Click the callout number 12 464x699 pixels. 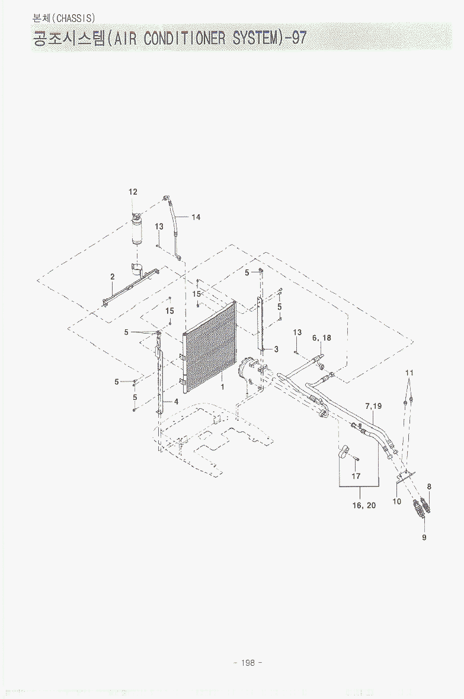coord(133,192)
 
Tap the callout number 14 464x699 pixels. coord(196,217)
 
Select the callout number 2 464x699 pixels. coord(113,277)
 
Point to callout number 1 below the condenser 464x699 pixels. coord(223,387)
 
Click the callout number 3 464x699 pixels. coord(276,349)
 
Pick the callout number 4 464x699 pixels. coord(177,401)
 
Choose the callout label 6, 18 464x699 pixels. coord(322,338)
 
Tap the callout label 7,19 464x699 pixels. coord(373,406)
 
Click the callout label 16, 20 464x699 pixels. coord(364,505)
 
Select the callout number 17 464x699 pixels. coord(356,476)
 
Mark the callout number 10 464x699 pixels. coord(397,501)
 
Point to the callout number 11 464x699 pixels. coord(409,373)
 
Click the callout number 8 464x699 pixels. coord(429,487)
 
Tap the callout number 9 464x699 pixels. coord(424,537)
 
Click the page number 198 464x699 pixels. coord(248,663)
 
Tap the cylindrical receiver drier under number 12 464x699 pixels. coord(137,229)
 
